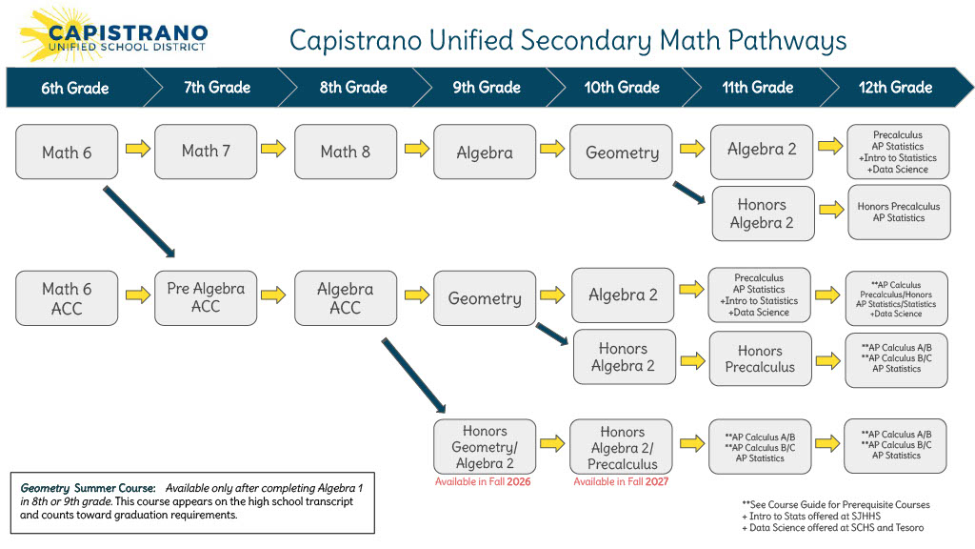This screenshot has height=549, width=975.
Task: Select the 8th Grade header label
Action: pos(353,88)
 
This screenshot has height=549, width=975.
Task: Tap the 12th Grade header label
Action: pos(895,88)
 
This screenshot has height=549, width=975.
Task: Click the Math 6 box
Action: pos(67,152)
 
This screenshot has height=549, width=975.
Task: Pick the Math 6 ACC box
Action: pos(67,297)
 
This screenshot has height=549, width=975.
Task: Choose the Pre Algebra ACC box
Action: pos(206,297)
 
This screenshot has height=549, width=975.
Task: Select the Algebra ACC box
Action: pos(346,297)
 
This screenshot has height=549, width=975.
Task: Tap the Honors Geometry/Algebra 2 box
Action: pos(485,447)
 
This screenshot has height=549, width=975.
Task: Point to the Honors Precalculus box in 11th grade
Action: pos(760,358)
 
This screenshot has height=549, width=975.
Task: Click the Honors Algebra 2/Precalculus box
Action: pos(622,447)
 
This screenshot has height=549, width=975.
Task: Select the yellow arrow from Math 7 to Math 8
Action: pos(274,149)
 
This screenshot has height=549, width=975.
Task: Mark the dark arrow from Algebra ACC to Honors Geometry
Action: pos(414,374)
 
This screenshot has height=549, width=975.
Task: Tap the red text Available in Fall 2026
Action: pos(483,482)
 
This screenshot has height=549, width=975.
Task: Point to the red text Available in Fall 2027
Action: pos(621,482)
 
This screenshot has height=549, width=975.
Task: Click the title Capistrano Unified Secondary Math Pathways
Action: pos(567,41)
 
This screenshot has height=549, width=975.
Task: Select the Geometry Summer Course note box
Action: pos(191,502)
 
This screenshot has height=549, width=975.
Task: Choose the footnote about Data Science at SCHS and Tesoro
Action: pos(833,528)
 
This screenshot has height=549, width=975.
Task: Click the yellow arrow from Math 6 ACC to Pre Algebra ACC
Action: pos(137,295)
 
